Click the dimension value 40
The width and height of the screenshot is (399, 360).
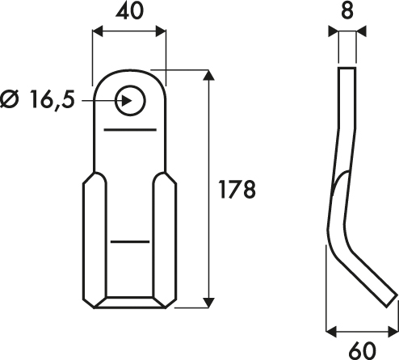click(x=129, y=11)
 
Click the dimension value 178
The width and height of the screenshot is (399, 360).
click(x=237, y=190)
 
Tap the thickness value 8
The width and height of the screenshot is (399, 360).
click(x=347, y=11)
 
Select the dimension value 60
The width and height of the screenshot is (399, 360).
click(x=362, y=350)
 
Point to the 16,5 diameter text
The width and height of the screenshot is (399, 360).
click(x=52, y=100)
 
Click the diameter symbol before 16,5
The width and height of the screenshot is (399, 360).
click(x=10, y=99)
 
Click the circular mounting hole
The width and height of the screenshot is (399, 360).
click(x=130, y=101)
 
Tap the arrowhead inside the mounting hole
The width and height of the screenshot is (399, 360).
click(x=127, y=101)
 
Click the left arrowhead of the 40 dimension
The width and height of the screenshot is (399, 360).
click(x=98, y=31)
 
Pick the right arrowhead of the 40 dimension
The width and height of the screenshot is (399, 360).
click(x=161, y=31)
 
